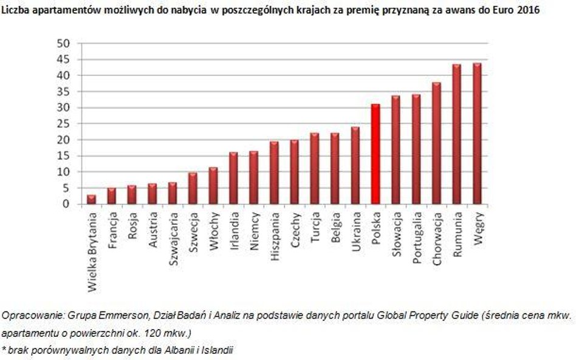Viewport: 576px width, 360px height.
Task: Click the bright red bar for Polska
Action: click(x=375, y=154)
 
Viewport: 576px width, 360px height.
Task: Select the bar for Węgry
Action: click(x=477, y=134)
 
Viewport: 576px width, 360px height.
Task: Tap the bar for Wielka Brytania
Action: click(x=91, y=200)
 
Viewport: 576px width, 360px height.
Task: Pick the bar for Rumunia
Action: click(x=457, y=134)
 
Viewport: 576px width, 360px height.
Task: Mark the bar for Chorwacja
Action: click(x=436, y=143)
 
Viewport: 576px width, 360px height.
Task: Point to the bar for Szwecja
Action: click(x=193, y=188)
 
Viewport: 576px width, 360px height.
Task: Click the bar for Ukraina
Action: click(x=355, y=166)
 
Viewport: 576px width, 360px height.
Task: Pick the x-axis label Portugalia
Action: click(x=417, y=236)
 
